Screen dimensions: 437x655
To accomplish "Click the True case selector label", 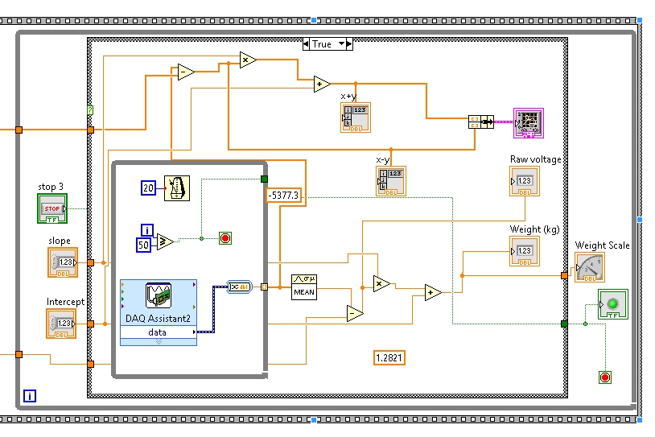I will tap(321, 44).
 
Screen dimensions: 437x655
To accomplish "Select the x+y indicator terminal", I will tap(355, 117).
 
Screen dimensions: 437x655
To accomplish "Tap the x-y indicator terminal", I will tap(391, 181).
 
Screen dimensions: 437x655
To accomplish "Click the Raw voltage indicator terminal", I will tap(524, 181).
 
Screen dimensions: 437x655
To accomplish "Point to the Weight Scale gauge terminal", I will tap(589, 268).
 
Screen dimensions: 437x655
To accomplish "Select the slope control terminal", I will tap(62, 262).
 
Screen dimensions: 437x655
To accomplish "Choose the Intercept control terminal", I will tap(62, 323).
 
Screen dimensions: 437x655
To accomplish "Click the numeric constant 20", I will tap(148, 188).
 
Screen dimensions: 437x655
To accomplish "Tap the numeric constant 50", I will tap(143, 244).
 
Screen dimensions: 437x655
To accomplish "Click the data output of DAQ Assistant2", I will tap(158, 332).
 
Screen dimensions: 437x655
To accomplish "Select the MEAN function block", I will tap(303, 287).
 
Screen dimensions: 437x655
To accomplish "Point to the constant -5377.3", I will tap(284, 194).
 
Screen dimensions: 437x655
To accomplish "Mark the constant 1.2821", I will tap(389, 357).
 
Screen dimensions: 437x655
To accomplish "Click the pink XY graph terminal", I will tap(529, 122).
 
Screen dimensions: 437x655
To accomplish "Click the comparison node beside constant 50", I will tap(166, 241).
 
